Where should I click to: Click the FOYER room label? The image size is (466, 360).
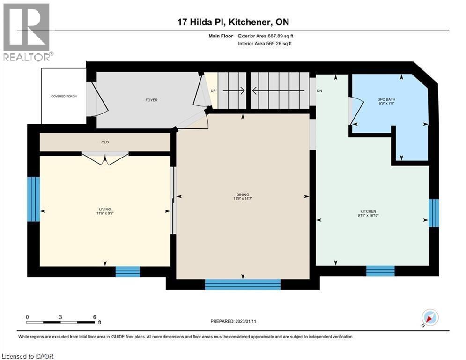151,100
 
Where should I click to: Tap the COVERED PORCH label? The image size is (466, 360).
64,96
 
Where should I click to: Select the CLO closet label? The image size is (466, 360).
105,142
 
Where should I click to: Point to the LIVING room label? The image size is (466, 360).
105,210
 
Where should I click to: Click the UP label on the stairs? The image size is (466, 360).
213,91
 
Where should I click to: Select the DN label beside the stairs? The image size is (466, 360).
319,91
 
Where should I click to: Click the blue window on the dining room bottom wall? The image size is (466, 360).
243,284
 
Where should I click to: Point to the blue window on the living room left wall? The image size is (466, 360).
33,199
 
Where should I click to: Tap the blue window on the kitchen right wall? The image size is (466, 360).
434,212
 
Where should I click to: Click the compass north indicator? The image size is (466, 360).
430,318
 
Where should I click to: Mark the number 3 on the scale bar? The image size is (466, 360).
61,317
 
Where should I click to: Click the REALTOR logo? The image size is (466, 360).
27,32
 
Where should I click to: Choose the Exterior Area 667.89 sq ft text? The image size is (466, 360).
266,36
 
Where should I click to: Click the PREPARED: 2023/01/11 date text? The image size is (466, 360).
233,321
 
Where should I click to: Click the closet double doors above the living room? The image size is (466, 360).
105,157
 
